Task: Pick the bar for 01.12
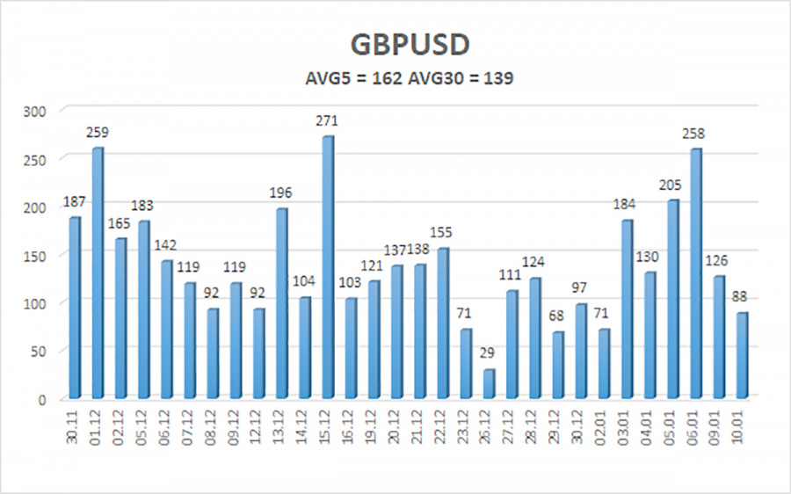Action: [x=97, y=272]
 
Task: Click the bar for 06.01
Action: [x=696, y=272]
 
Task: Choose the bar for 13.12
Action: [x=281, y=302]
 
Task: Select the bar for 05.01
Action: [x=673, y=298]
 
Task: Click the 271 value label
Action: [x=327, y=121]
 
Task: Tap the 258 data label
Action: [x=696, y=134]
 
